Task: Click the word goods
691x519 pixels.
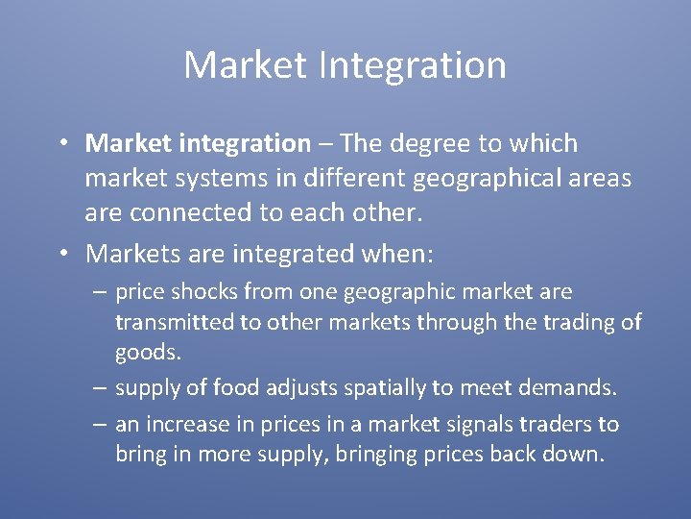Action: point(147,352)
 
